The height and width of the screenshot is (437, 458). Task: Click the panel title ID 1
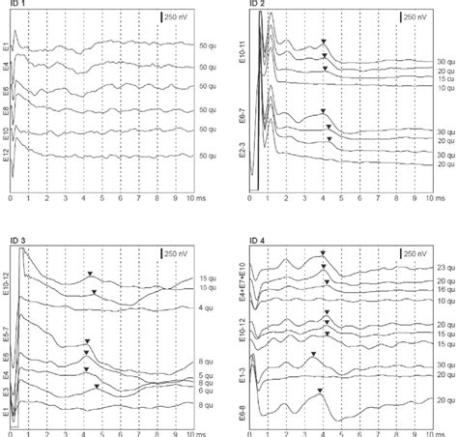(x=15, y=7)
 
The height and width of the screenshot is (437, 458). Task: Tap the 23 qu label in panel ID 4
(x=444, y=268)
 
